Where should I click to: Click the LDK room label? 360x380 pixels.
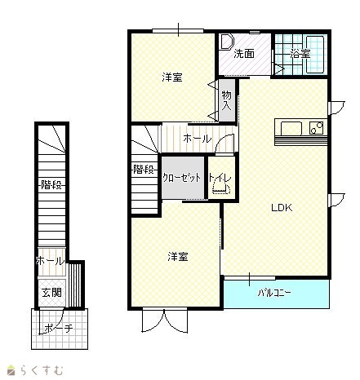pyautogui.click(x=282, y=208)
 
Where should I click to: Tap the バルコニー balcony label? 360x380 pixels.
pyautogui.click(x=274, y=293)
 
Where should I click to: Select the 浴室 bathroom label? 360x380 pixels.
pyautogui.click(x=300, y=54)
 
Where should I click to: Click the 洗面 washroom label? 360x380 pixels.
pyautogui.click(x=244, y=54)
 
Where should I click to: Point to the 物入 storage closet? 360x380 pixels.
pyautogui.click(x=227, y=100)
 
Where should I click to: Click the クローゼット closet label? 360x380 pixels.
pyautogui.click(x=182, y=178)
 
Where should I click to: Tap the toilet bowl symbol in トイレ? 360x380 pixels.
pyautogui.click(x=221, y=188)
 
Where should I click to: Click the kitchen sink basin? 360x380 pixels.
pyautogui.click(x=291, y=128)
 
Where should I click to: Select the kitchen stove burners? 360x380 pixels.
pyautogui.click(x=317, y=128)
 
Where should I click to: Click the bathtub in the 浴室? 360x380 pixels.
pyautogui.click(x=315, y=55)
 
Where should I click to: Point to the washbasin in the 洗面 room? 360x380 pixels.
pyautogui.click(x=227, y=42)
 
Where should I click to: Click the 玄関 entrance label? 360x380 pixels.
pyautogui.click(x=51, y=293)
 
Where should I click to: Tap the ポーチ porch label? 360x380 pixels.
pyautogui.click(x=59, y=328)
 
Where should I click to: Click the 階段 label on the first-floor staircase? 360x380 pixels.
pyautogui.click(x=51, y=185)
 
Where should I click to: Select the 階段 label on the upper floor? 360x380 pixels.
pyautogui.click(x=144, y=170)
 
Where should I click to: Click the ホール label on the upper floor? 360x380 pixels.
pyautogui.click(x=198, y=139)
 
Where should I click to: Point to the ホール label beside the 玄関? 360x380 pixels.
pyautogui.click(x=51, y=262)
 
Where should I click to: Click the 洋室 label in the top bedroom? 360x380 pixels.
pyautogui.click(x=172, y=77)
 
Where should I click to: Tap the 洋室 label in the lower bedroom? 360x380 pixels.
pyautogui.click(x=178, y=257)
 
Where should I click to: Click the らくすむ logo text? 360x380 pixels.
pyautogui.click(x=42, y=370)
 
